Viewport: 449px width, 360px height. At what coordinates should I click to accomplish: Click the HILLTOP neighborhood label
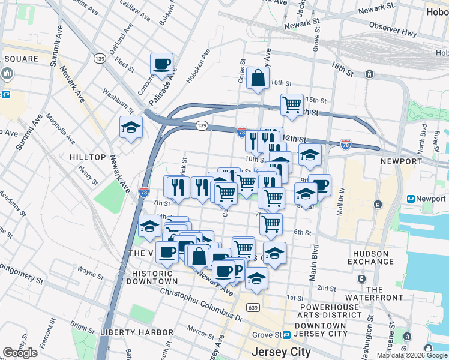88,157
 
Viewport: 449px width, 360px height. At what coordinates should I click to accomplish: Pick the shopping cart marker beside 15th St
292,104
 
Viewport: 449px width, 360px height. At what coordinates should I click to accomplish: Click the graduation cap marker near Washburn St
131,128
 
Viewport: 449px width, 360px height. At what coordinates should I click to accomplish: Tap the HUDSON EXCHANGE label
370,257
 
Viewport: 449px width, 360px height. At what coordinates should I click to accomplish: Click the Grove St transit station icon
288,335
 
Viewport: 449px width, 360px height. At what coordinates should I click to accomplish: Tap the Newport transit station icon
411,199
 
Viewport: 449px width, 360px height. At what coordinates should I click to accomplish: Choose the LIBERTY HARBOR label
130,332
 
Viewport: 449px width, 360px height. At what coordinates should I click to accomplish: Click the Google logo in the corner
20,353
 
